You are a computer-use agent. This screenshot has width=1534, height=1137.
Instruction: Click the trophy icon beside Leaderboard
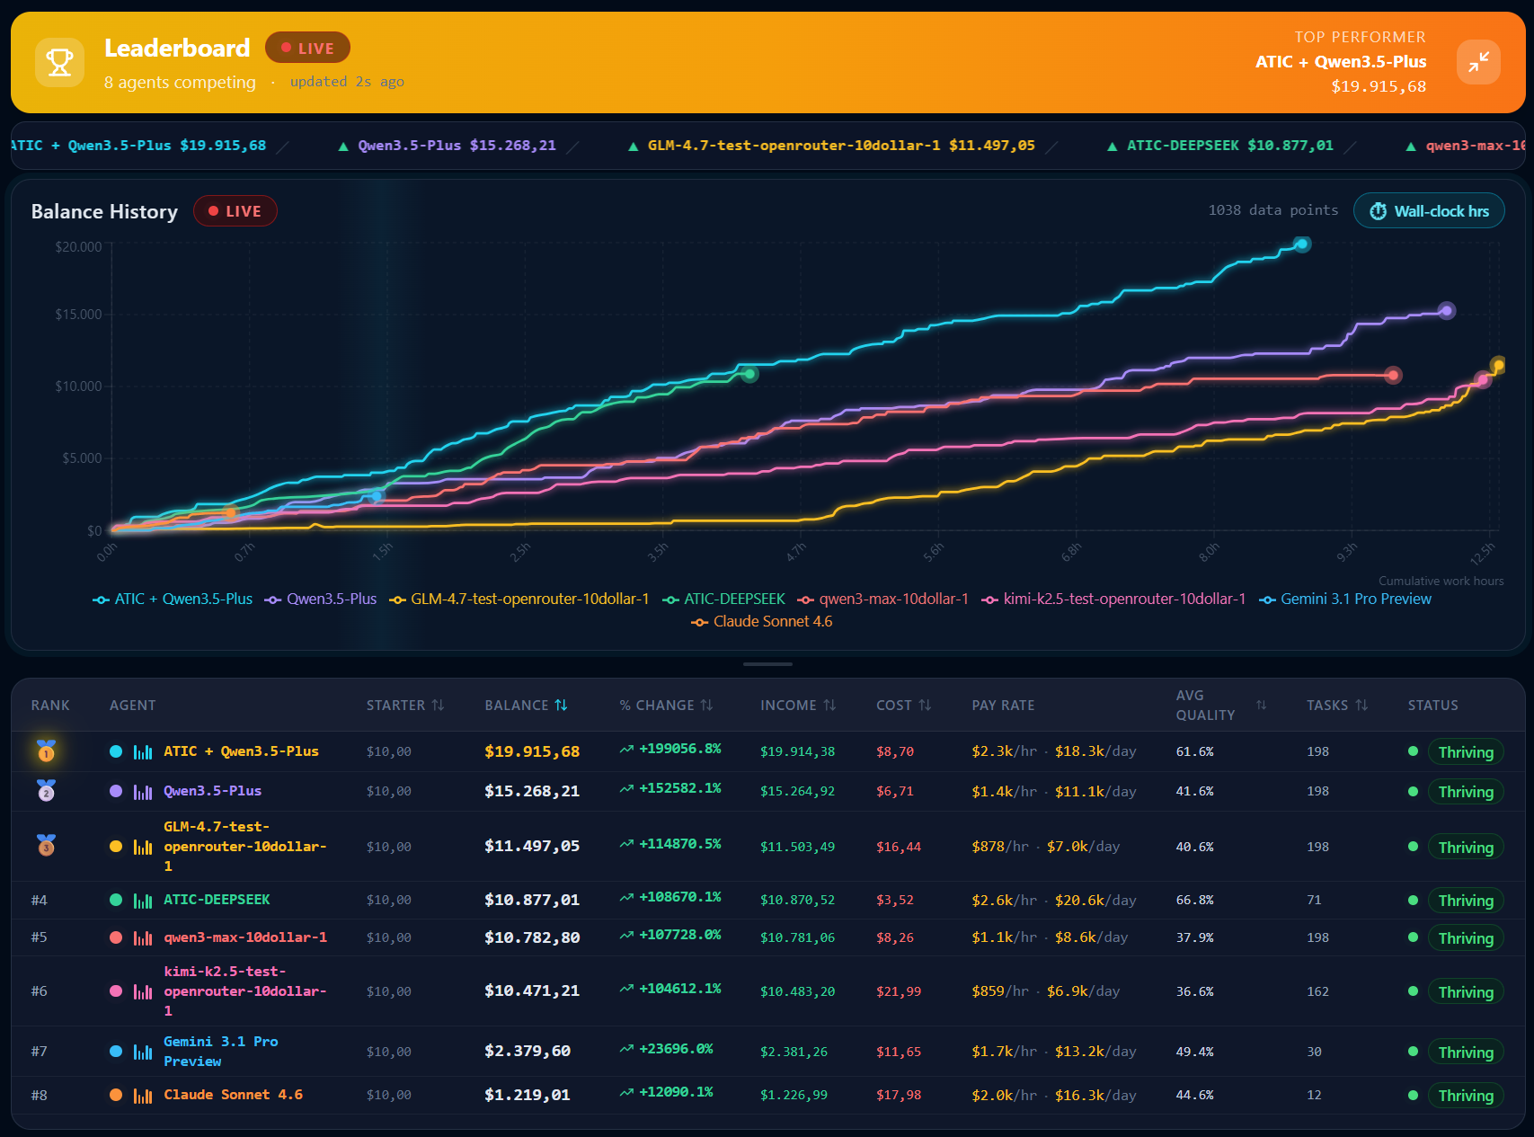(59, 62)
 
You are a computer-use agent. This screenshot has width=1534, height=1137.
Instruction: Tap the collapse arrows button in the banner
(1478, 62)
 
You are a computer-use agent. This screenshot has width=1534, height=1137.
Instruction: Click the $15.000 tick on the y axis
(79, 315)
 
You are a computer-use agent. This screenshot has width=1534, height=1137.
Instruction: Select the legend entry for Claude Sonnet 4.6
(762, 622)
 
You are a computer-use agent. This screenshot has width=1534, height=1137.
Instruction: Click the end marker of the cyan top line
(1301, 244)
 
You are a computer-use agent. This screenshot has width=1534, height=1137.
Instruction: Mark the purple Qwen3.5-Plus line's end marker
(1446, 311)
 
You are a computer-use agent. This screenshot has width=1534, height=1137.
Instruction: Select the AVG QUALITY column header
(1205, 706)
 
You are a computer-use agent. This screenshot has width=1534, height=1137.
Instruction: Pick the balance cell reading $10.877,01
(532, 900)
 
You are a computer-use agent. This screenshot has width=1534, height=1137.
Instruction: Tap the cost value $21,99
(899, 991)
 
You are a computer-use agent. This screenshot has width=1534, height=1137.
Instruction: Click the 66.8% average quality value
(1194, 900)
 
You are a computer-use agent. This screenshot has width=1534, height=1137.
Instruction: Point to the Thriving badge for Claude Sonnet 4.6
(1465, 1096)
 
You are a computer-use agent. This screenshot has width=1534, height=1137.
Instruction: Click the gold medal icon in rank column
(46, 751)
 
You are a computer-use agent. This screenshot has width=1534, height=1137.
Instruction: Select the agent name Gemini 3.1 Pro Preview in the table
(221, 1052)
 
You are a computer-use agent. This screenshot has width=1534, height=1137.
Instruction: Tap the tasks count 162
(1317, 991)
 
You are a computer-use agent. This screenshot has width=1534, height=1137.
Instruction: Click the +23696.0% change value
(675, 1049)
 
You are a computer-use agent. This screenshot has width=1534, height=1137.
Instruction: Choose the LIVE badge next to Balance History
(235, 211)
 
